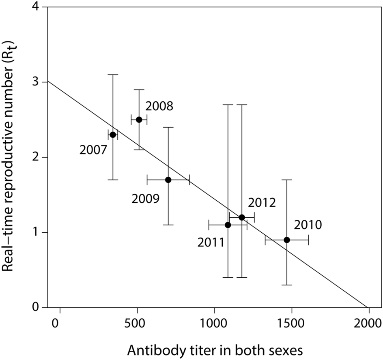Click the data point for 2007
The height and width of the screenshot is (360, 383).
(113, 135)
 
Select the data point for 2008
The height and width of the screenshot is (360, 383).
(139, 120)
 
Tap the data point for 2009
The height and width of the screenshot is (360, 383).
(168, 180)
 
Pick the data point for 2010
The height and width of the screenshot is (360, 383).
(287, 240)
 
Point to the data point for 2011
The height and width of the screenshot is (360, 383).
(228, 225)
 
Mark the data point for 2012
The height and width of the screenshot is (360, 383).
(242, 217)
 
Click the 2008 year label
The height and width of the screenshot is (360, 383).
(159, 107)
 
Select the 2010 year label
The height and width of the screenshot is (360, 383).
(308, 225)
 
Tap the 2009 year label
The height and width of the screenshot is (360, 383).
(146, 199)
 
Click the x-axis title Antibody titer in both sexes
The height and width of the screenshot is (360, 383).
(214, 349)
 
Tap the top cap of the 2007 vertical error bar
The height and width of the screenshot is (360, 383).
(113, 75)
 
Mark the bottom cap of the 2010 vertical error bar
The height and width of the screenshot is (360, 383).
(287, 285)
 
